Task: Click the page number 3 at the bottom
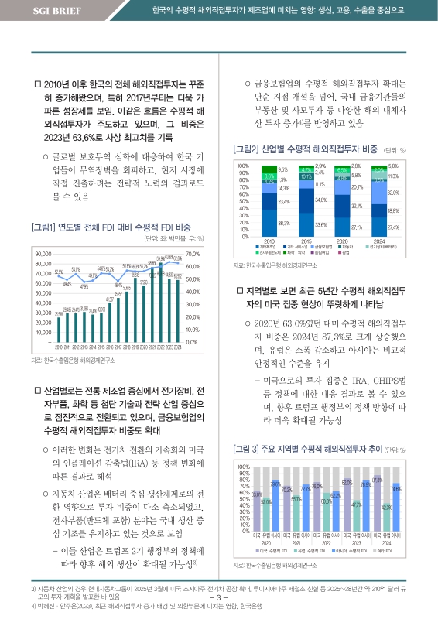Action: click(220, 597)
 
